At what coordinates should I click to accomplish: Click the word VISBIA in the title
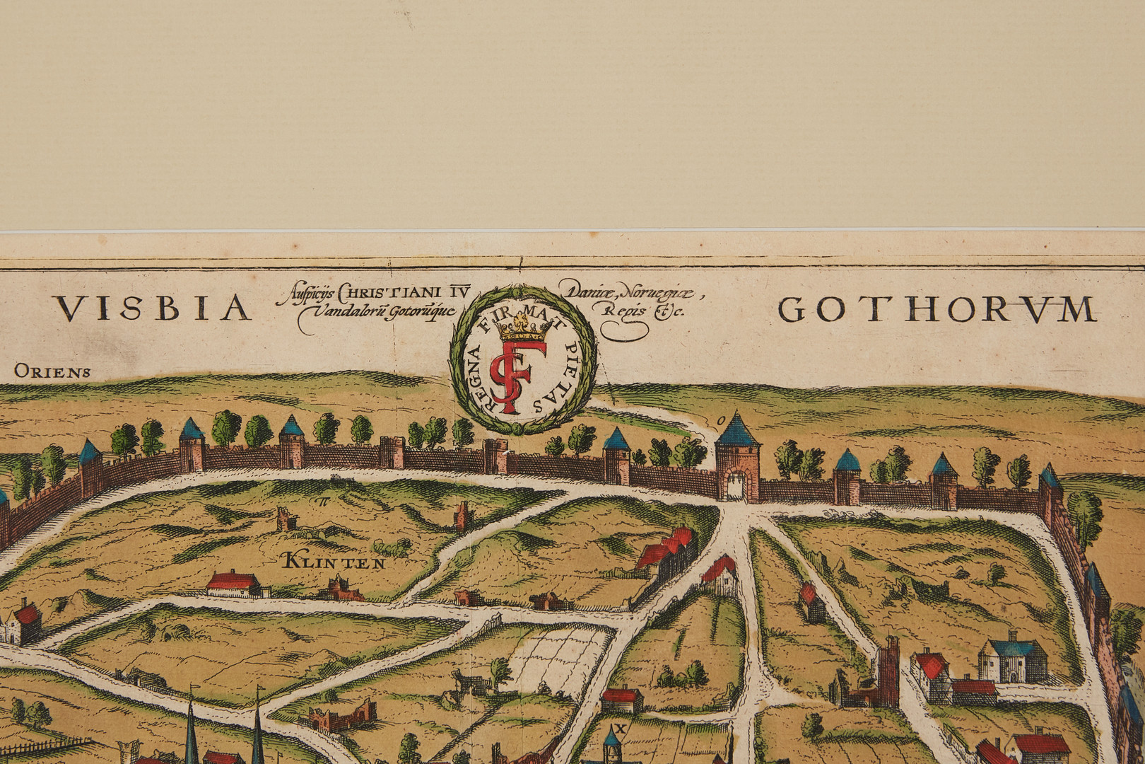tap(153, 308)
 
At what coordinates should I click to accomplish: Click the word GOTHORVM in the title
tap(937, 309)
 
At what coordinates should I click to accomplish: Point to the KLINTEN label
tap(333, 563)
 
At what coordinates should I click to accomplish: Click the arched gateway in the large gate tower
tap(737, 487)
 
